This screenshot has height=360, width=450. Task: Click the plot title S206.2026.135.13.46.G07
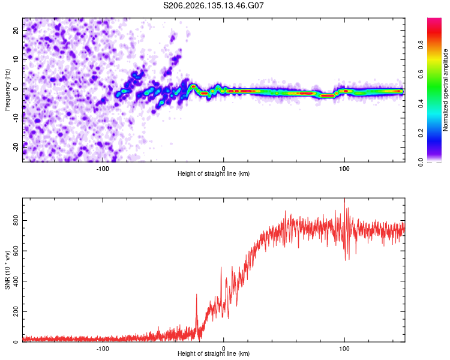[x=213, y=5]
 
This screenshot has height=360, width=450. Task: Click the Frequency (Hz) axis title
[x=7, y=90]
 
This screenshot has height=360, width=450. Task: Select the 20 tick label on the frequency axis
[x=16, y=30]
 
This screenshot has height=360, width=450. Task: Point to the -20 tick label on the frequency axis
[x=16, y=148]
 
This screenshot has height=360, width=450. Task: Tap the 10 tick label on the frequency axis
[x=16, y=59]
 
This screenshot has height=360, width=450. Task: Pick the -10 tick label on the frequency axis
[x=16, y=118]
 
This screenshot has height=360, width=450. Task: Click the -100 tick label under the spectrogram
[x=103, y=169]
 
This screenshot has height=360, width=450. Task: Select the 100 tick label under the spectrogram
[x=344, y=169]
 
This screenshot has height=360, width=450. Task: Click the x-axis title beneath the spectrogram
[x=214, y=173]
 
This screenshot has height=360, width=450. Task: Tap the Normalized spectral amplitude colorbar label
[x=445, y=90]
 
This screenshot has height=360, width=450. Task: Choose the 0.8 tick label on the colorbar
[x=421, y=45]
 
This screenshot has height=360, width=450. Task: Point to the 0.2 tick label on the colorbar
[x=421, y=133]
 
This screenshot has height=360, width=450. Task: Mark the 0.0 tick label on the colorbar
[x=421, y=163]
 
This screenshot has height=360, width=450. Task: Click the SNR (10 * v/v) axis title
[x=7, y=270]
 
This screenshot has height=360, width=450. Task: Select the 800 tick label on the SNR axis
[x=16, y=220]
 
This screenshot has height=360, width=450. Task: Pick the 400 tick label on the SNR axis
[x=16, y=281]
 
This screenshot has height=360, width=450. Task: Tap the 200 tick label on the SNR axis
[x=16, y=311]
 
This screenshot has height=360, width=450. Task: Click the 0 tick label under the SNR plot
[x=224, y=349]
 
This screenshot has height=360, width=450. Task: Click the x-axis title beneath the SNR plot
[x=214, y=353]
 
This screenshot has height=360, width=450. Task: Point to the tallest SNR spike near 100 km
[x=344, y=199]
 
